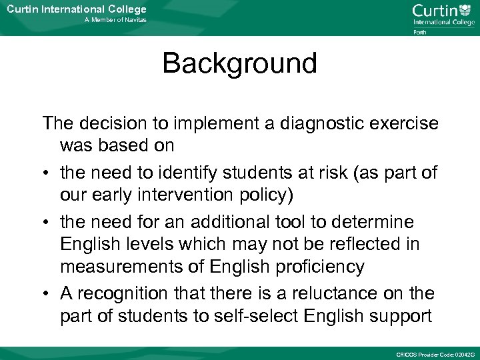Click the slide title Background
(239, 64)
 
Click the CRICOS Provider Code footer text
(435, 353)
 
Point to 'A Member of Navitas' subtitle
(115, 21)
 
